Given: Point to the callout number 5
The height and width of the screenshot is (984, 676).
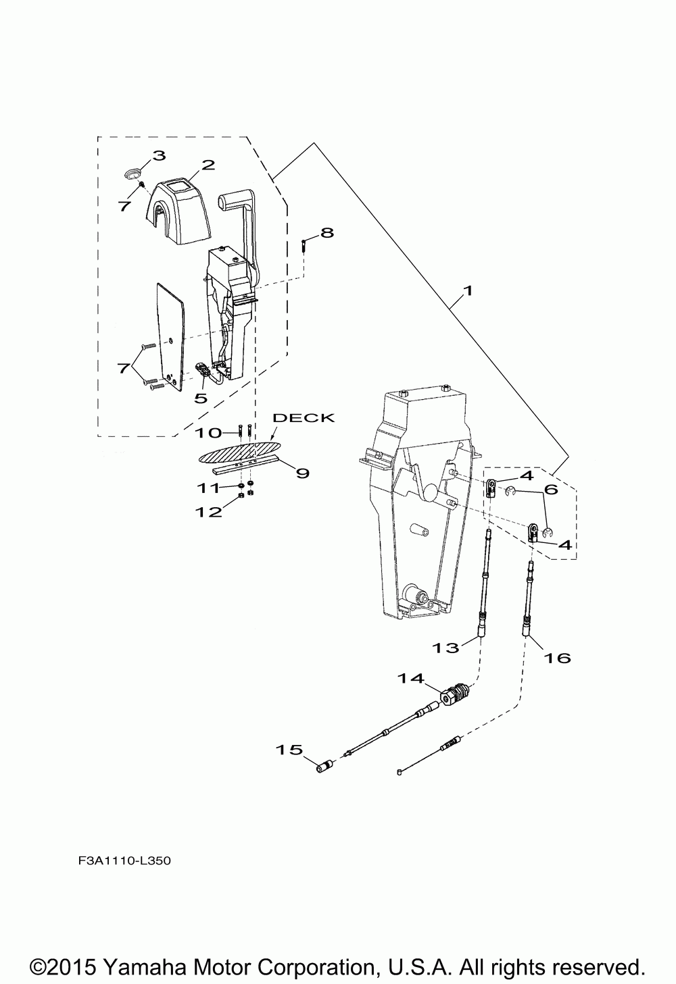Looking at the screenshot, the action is coord(201,398).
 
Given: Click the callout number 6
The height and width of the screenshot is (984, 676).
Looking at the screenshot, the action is coord(551,489).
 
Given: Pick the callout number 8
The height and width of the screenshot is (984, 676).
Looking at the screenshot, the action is coord(327,232).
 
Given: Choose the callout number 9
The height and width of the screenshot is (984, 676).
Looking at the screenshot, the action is coord(302,473).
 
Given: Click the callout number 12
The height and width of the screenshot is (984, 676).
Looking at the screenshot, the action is coord(209,512).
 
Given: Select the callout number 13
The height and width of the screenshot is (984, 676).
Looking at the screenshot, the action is coord(446,648).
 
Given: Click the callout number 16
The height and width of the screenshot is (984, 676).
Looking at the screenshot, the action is coord(558,657).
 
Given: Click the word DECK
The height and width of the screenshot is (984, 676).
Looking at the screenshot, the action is coord(303,417).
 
